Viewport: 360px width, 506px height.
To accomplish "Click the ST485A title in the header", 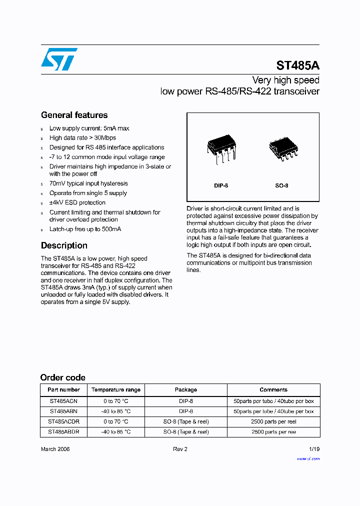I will (298, 65).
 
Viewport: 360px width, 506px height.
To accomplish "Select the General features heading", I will (74, 115).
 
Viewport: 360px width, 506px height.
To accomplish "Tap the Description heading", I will (64, 245).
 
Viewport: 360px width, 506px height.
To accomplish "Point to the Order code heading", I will (62, 377).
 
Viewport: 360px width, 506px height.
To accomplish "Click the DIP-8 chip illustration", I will (221, 148).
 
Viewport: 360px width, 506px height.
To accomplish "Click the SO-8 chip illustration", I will (281, 149).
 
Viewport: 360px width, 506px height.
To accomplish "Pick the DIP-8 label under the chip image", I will (221, 185).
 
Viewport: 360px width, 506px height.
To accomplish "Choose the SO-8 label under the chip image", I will (281, 185).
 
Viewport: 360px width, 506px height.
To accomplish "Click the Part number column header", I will (63, 389).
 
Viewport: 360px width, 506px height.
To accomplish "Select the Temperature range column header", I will (116, 389).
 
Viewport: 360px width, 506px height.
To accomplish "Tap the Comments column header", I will (273, 389).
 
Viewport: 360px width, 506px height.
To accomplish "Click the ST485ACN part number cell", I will (63, 401).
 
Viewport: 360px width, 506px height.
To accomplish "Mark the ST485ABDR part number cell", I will (63, 431).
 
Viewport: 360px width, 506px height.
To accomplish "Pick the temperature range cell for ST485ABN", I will (116, 411).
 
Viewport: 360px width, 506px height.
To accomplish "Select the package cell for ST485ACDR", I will (186, 421).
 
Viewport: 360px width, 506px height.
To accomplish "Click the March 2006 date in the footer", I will (55, 449).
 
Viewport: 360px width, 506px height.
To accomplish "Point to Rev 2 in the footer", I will (180, 449).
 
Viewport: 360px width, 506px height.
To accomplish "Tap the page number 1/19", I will (314, 449).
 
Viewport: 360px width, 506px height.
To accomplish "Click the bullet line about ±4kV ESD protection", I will (77, 202).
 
